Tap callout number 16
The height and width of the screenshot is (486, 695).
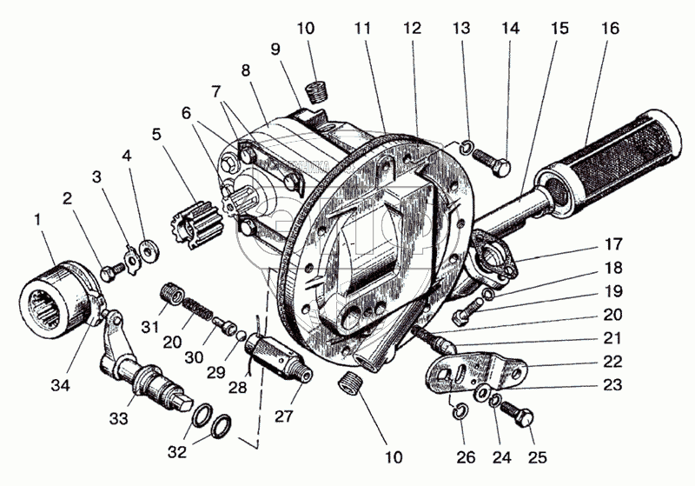point(610,28)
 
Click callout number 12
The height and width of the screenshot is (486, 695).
point(411,28)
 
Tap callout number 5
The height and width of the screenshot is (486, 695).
point(156,135)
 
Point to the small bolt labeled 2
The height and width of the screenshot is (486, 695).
point(108,273)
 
